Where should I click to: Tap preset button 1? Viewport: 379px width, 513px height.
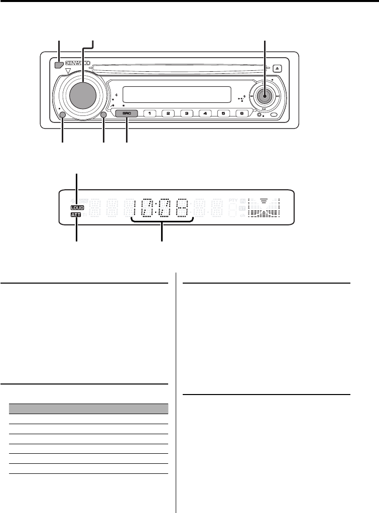pyautogui.click(x=150, y=114)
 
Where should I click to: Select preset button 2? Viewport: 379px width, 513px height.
pyautogui.click(x=169, y=114)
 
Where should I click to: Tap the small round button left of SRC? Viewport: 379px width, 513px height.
pyautogui.click(x=103, y=115)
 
